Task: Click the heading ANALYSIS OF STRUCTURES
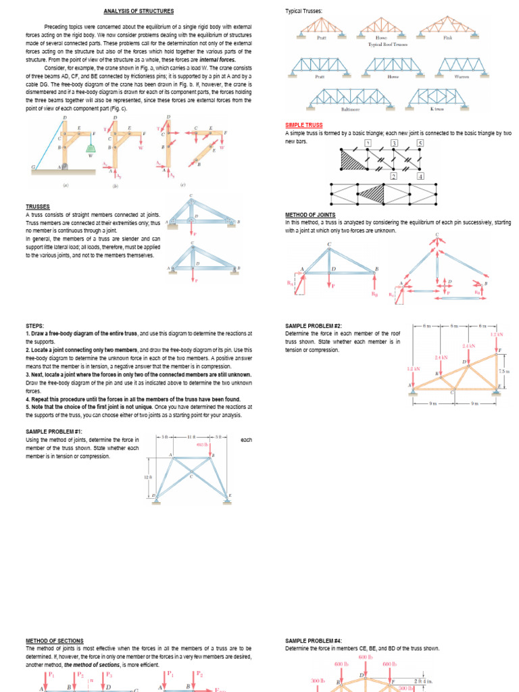point(139,11)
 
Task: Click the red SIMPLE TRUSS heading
point(304,126)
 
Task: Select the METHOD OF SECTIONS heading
point(55,641)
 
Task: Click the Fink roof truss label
point(447,39)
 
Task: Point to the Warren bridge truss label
point(462,77)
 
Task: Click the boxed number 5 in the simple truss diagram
point(419,144)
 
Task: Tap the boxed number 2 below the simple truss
point(393,176)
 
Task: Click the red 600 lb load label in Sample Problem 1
point(201,445)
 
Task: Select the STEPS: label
point(35,326)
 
